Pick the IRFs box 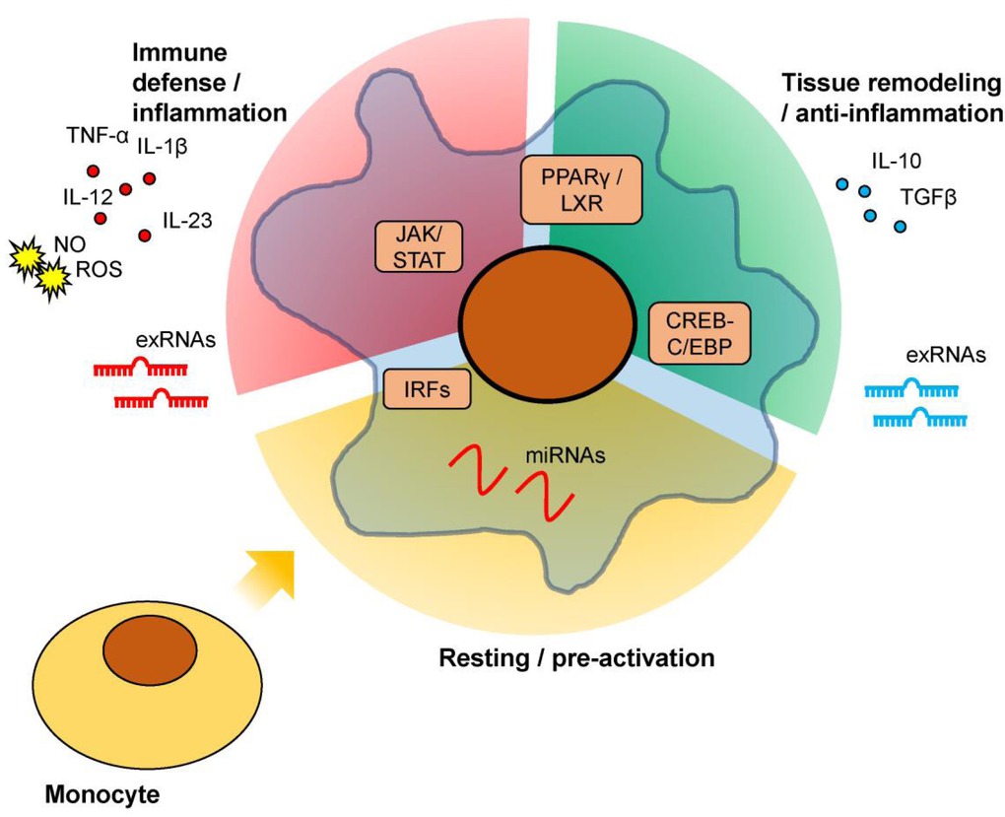coord(425,387)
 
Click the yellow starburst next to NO coord(27,257)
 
